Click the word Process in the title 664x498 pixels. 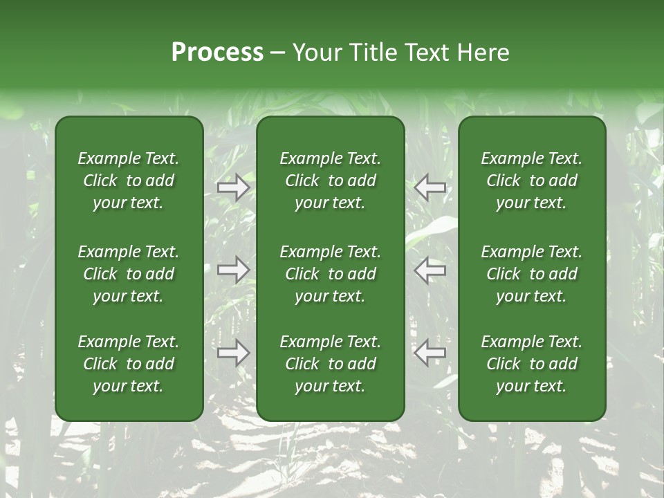pos(217,53)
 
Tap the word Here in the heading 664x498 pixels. pos(483,53)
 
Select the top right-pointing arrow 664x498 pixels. pos(233,187)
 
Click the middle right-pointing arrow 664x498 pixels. pos(233,269)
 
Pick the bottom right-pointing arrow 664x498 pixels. pos(233,352)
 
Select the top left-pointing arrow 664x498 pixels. pos(430,187)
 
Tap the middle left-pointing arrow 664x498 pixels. pos(430,269)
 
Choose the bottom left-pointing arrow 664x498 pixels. pos(430,352)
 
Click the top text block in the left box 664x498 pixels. pos(129,181)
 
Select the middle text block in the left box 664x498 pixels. pos(129,274)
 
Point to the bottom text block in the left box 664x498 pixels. pos(129,364)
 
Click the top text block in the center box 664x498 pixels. pos(331,181)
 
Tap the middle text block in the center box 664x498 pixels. pos(331,274)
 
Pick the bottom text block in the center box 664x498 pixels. pos(331,364)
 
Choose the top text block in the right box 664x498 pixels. pos(532,181)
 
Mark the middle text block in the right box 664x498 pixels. pos(532,274)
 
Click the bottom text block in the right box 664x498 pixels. pos(532,364)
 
